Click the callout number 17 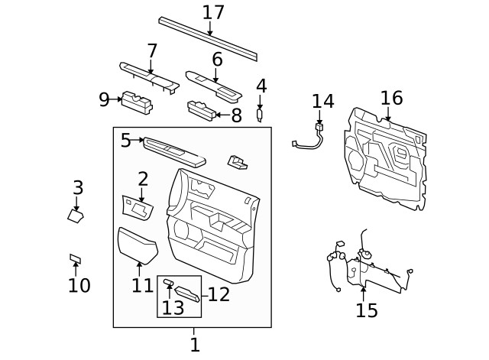(213, 12)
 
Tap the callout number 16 (390, 98)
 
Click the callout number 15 (366, 310)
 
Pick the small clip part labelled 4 (261, 115)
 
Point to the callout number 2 (142, 179)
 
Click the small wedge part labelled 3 (76, 216)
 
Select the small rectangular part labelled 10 (75, 259)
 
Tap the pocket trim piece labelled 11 (138, 245)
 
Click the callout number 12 (219, 294)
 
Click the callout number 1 (194, 345)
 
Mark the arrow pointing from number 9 (117, 99)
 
